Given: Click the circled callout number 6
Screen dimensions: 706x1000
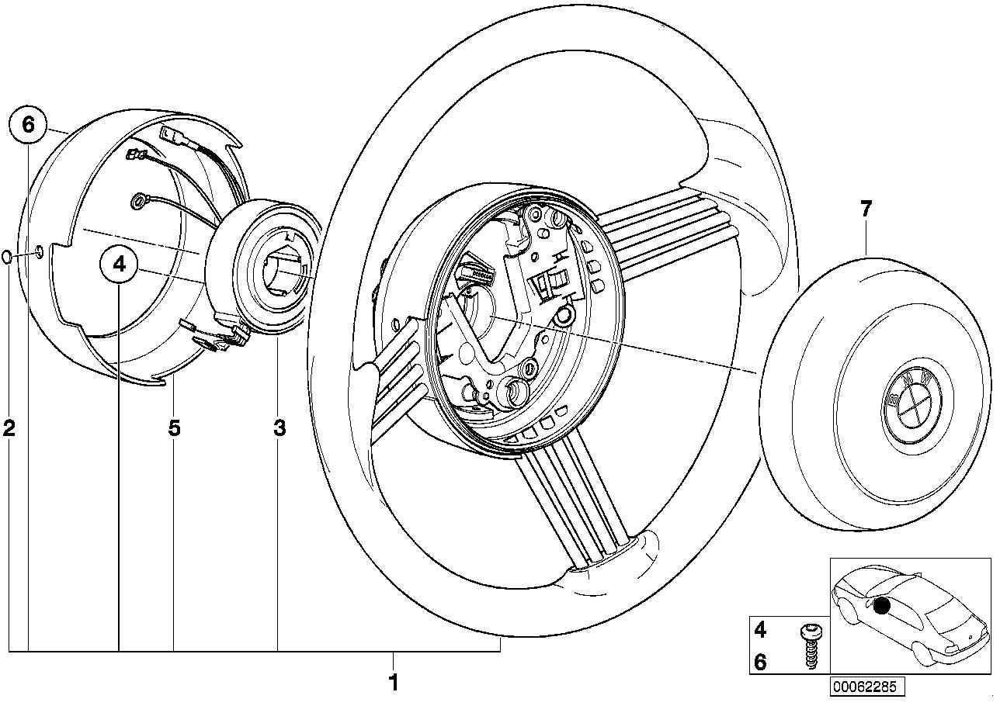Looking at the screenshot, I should tap(28, 125).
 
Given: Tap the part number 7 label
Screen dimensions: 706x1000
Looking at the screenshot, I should tap(866, 208).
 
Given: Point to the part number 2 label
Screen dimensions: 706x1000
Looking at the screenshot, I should tap(9, 427).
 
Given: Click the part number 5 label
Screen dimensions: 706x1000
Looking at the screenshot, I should tap(174, 427).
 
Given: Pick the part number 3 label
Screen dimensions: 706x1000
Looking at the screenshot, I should tap(280, 427).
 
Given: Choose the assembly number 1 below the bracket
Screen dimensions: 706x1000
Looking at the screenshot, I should tap(393, 683).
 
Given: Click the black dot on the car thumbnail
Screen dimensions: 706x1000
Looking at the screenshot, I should tap(881, 606).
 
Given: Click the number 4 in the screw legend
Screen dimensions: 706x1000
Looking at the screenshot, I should tap(760, 628).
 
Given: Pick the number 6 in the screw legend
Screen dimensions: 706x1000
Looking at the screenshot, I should tap(760, 662).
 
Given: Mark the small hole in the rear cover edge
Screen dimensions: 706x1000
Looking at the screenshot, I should tap(39, 251).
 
